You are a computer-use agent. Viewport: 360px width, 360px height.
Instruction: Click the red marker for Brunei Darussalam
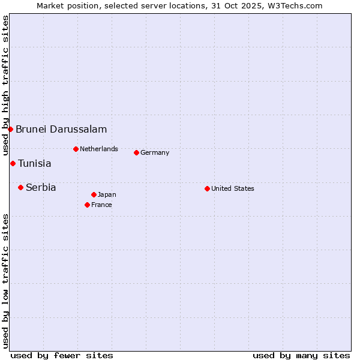pos(10,129)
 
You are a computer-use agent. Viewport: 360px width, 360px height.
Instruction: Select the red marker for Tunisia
pos(13,163)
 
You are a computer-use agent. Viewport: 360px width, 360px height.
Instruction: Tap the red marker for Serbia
pos(20,187)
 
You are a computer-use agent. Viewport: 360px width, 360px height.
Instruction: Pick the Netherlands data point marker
pos(76,149)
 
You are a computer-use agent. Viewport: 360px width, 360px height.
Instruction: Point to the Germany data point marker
pos(136,152)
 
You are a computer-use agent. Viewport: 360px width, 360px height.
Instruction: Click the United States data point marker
pos(207,188)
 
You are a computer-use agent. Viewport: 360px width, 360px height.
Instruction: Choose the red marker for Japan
pos(94,194)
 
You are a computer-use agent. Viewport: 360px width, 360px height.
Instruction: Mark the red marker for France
pos(87,205)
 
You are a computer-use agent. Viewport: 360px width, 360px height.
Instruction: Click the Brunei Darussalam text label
pos(61,129)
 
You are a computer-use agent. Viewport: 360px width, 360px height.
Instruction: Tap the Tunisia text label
pos(35,163)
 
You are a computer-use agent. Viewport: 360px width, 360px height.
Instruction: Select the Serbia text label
pos(41,187)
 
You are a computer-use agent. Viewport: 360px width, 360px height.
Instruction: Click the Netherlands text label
pos(99,149)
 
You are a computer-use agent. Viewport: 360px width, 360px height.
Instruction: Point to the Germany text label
pos(155,152)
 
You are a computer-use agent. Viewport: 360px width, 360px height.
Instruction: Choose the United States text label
pos(233,188)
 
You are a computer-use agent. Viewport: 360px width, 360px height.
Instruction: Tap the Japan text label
pos(107,194)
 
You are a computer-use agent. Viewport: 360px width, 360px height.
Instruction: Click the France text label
pos(101,205)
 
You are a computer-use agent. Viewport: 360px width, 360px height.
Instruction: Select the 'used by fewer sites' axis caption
pos(62,355)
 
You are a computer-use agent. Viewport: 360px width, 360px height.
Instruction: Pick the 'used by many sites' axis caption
pos(301,355)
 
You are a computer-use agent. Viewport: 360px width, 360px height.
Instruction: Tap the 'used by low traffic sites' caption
pos(5,281)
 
